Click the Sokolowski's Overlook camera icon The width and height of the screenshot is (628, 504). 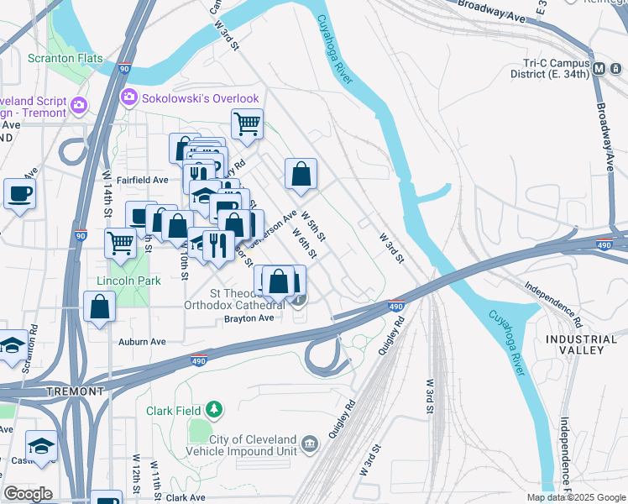click(129, 98)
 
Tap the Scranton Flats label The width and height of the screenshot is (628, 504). click(65, 59)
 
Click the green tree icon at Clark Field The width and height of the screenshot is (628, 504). click(216, 410)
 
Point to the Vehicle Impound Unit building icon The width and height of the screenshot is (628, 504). click(310, 444)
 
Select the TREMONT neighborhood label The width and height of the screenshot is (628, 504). click(75, 391)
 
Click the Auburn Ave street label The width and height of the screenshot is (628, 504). click(142, 342)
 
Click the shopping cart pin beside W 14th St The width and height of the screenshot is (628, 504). click(121, 244)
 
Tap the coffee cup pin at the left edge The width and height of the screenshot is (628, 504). click(19, 193)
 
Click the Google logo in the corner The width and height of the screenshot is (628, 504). click(29, 494)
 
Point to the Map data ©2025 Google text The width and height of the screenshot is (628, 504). click(576, 497)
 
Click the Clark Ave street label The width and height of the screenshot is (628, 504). click(186, 498)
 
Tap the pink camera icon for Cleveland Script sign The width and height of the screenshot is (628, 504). click(80, 105)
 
